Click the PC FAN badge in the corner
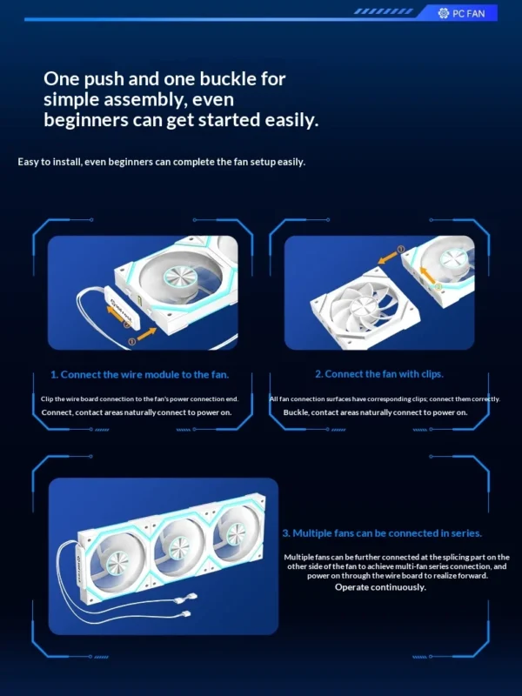click(x=467, y=13)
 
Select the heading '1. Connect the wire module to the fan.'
click(x=139, y=374)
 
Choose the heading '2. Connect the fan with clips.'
click(x=378, y=373)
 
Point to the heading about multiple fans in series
click(x=382, y=532)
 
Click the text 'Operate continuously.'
click(x=380, y=587)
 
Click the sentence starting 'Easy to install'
click(x=161, y=162)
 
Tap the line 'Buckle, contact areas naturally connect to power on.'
click(x=375, y=412)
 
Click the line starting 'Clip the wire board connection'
click(x=139, y=398)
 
